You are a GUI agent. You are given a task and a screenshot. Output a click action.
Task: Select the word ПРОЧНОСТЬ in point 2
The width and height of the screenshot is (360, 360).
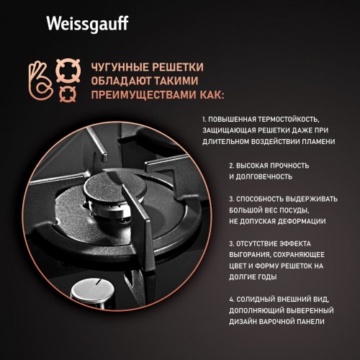pyautogui.click(x=273, y=164)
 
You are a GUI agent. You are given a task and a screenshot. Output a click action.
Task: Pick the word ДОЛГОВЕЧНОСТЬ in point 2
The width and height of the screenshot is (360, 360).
pyautogui.click(x=264, y=176)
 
